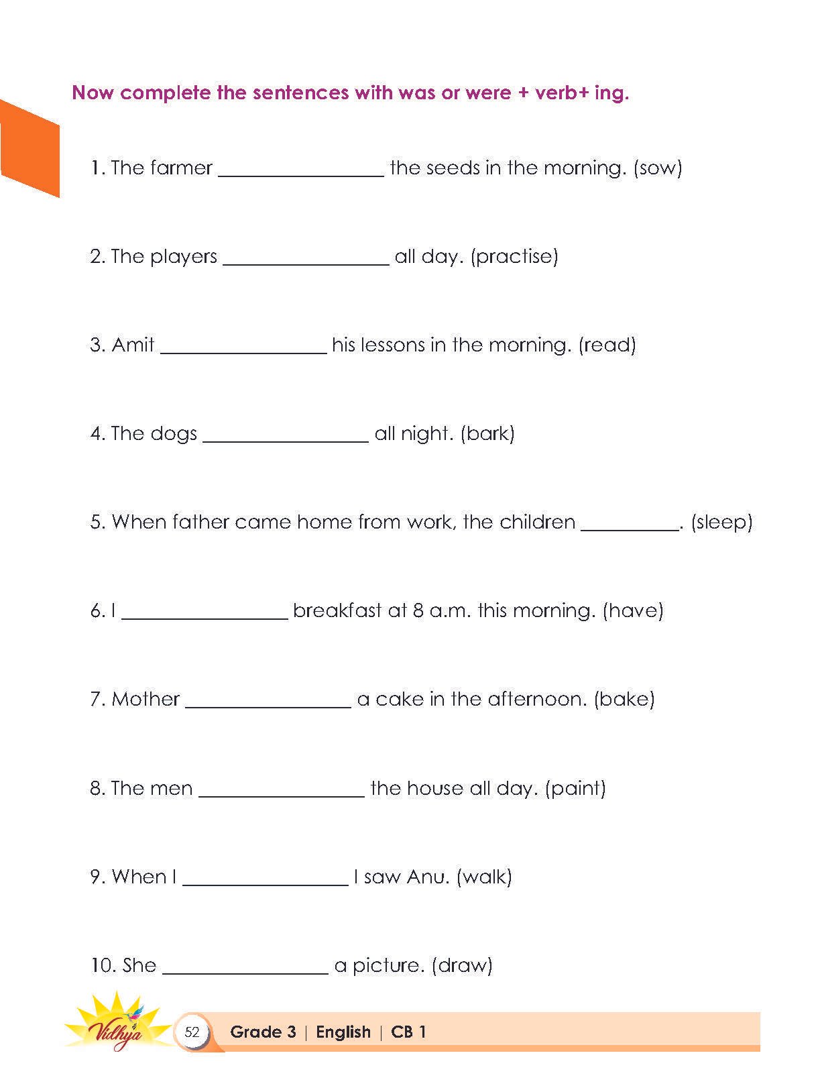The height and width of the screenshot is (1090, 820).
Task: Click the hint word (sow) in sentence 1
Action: click(x=657, y=168)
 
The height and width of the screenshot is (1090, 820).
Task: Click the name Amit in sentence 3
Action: click(x=133, y=345)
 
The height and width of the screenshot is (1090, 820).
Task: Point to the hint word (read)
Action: click(x=607, y=345)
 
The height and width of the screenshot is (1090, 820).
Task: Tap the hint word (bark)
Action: click(x=487, y=433)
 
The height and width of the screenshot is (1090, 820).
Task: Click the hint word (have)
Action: click(x=633, y=610)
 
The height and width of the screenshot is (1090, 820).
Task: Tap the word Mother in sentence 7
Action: click(x=145, y=699)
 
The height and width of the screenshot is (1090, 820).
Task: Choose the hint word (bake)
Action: click(x=624, y=699)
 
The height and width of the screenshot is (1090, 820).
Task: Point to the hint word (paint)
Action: click(x=575, y=787)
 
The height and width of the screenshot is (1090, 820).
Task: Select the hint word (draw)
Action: click(x=462, y=965)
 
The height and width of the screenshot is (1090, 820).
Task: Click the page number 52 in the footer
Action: click(x=192, y=1032)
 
